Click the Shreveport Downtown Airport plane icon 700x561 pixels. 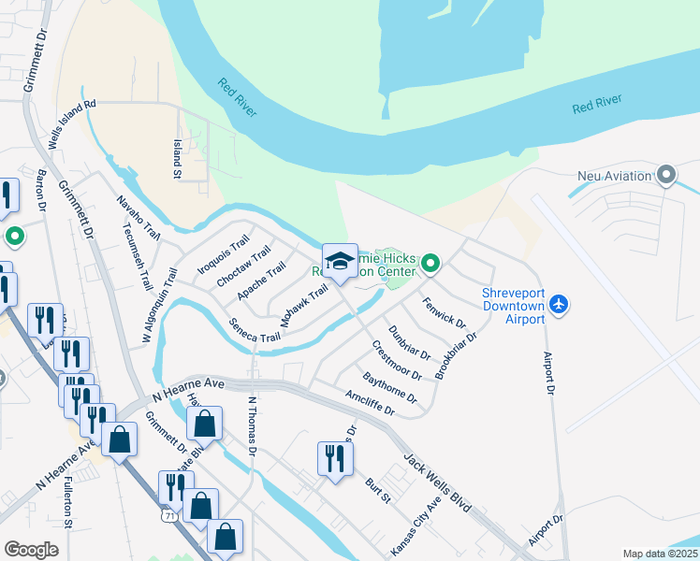coord(560,304)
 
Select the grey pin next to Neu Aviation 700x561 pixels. coord(666,175)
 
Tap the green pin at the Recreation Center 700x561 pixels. coord(430,265)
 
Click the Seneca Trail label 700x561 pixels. coord(254,330)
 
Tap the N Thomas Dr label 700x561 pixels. coord(251,424)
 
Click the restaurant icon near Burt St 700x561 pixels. coord(334,458)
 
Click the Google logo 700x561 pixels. coord(31,550)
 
